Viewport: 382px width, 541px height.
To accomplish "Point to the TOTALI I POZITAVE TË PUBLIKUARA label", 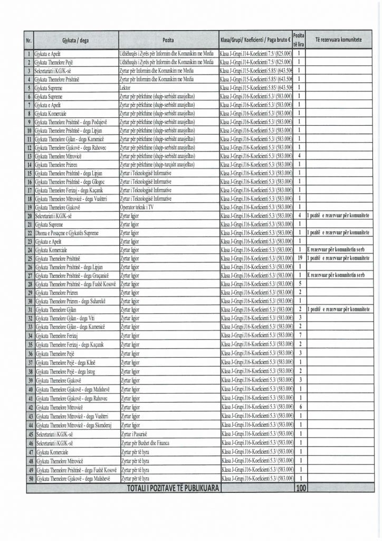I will point(174,489).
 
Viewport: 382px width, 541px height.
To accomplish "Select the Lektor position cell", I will point(126,88).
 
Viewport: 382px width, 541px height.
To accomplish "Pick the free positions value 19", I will point(299,258).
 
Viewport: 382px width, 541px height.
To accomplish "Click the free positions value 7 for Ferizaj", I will point(299,335).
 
